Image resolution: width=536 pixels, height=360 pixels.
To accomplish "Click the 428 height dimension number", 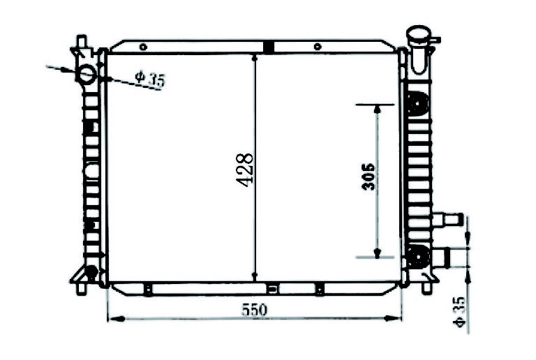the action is click(x=245, y=170).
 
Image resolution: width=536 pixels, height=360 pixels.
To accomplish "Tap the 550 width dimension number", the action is click(x=254, y=310).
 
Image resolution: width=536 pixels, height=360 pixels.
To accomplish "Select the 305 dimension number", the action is click(x=368, y=177).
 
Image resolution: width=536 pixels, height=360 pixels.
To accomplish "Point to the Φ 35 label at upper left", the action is click(x=150, y=79).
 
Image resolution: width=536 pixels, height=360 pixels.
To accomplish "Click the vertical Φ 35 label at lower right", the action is click(x=459, y=312).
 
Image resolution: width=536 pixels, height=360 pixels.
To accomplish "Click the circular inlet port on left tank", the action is click(x=86, y=73).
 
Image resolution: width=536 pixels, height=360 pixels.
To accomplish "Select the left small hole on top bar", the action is click(x=143, y=47).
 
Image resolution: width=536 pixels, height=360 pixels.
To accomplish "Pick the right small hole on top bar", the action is click(x=318, y=47).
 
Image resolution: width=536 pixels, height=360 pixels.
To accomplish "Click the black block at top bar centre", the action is click(x=269, y=47).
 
